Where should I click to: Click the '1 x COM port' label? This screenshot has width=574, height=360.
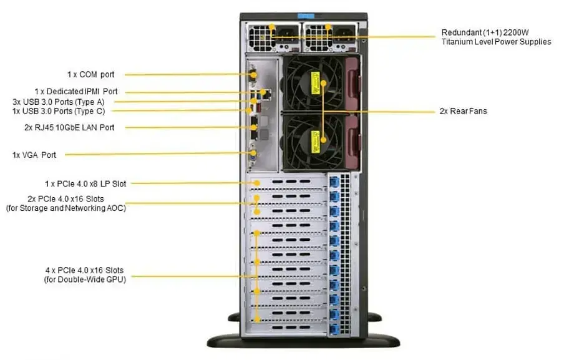click(x=90, y=74)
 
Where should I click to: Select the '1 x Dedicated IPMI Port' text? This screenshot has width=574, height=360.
click(x=75, y=92)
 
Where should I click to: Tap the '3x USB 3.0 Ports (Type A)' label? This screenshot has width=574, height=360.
click(x=59, y=102)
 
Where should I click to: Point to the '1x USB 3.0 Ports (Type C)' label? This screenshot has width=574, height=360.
click(x=59, y=111)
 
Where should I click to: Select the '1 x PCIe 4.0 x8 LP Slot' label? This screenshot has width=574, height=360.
click(x=85, y=183)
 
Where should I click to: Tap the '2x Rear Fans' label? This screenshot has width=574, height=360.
click(x=463, y=111)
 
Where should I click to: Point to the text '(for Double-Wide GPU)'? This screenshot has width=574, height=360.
click(x=85, y=280)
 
